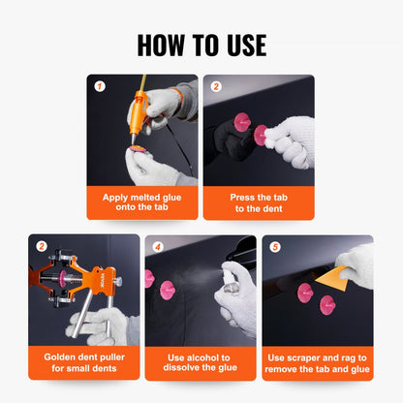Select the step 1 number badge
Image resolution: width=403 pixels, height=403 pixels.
[99, 86]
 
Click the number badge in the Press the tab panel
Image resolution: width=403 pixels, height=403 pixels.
[215, 86]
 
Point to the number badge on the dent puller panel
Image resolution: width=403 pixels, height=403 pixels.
[41, 246]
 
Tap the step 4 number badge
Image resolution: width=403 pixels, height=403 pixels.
[157, 246]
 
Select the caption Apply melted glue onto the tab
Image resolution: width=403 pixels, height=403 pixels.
[142, 202]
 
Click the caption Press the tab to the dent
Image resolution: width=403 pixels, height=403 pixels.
[259, 202]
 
